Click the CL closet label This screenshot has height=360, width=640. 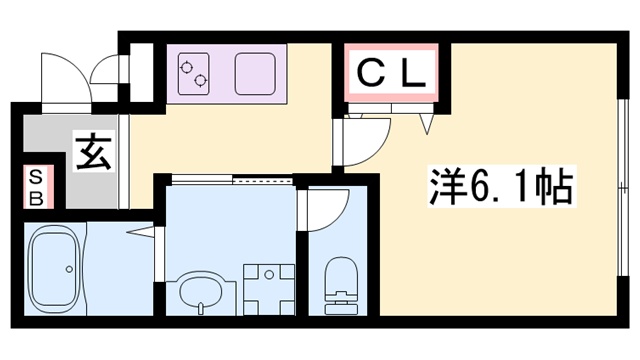pyautogui.click(x=393, y=73)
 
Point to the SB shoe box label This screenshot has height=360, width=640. pyautogui.click(x=35, y=186)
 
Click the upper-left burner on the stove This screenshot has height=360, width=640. pyautogui.click(x=186, y=66)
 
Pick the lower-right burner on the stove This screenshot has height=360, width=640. pyautogui.click(x=201, y=80)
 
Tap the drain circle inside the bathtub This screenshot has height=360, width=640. pyautogui.click(x=68, y=269)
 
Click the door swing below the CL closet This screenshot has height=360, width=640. pyautogui.click(x=366, y=140)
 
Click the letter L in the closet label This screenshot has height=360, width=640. pyautogui.click(x=417, y=73)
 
